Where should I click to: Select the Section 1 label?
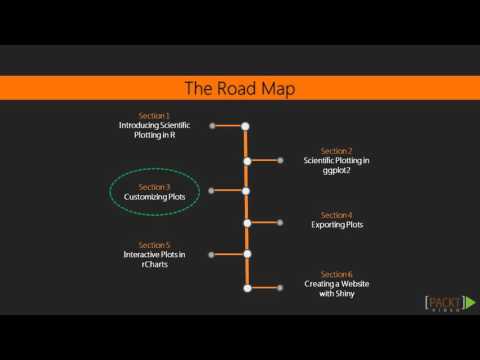[154, 116]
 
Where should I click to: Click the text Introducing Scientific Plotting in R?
[154, 130]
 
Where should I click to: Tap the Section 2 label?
[337, 151]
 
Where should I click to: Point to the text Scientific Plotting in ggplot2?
[337, 165]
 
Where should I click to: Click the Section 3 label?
[154, 187]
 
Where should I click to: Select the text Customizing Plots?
[154, 197]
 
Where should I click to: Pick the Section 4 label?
[337, 215]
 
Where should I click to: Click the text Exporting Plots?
[337, 225]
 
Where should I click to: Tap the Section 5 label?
[154, 245]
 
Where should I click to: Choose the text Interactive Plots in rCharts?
[154, 259]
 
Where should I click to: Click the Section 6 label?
[337, 274]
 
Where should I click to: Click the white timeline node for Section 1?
[245, 126]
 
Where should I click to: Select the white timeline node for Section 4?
[245, 223]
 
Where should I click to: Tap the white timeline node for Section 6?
[245, 288]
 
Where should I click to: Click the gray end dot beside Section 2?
[280, 159]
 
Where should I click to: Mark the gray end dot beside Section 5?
[211, 255]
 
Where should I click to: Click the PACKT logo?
[437, 304]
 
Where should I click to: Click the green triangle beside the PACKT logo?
[470, 303]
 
